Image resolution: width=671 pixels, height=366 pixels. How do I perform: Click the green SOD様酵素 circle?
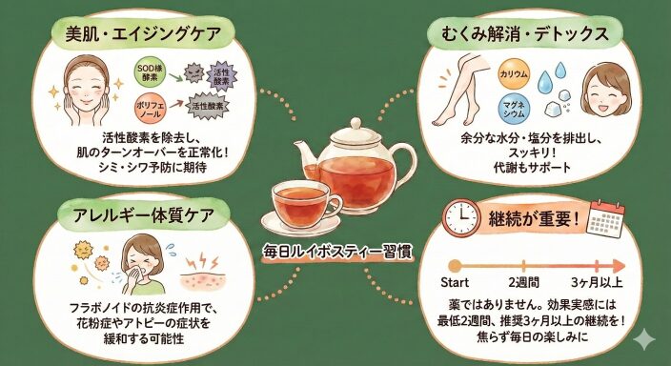pos(148,73)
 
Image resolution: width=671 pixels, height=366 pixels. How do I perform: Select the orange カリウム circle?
pos(514,73)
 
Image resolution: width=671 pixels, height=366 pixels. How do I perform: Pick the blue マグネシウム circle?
pos(514,109)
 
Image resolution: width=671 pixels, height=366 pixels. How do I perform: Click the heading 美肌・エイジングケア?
pos(143,33)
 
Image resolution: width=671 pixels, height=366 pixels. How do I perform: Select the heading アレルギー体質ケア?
pos(143,214)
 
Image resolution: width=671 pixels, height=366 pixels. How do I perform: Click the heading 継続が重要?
pos(534,219)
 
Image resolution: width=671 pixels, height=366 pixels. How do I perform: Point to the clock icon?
pos(461,217)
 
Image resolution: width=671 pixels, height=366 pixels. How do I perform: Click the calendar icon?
pos(605,218)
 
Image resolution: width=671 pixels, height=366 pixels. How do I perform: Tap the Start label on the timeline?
pos(455,282)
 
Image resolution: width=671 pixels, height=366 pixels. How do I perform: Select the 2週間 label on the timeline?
pos(524,282)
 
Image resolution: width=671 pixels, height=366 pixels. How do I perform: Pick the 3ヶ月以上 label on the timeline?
pos(597,282)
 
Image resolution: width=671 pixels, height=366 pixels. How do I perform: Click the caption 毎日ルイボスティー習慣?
pos(337,253)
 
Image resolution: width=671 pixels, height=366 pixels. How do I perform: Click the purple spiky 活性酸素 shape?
pos(222,77)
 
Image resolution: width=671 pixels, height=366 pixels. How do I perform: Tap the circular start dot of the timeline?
pos(455,266)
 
